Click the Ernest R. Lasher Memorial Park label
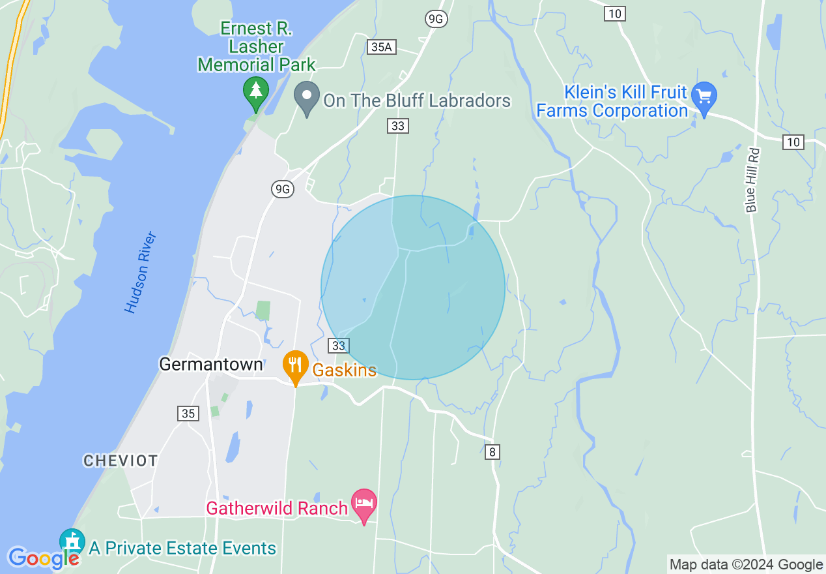click(x=257, y=47)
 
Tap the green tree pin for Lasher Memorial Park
click(x=256, y=93)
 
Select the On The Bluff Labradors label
click(x=417, y=101)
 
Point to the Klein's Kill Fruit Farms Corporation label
click(x=612, y=102)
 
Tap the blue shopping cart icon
click(x=704, y=97)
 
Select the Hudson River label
click(x=141, y=272)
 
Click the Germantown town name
click(x=211, y=364)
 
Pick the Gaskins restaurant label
click(x=344, y=370)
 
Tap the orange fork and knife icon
click(x=295, y=367)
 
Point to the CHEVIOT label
click(x=121, y=461)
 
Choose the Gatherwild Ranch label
click(x=277, y=507)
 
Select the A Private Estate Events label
click(x=182, y=549)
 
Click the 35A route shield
click(x=381, y=46)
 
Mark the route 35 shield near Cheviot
click(x=188, y=414)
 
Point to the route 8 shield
click(x=492, y=451)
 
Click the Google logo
click(x=43, y=558)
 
